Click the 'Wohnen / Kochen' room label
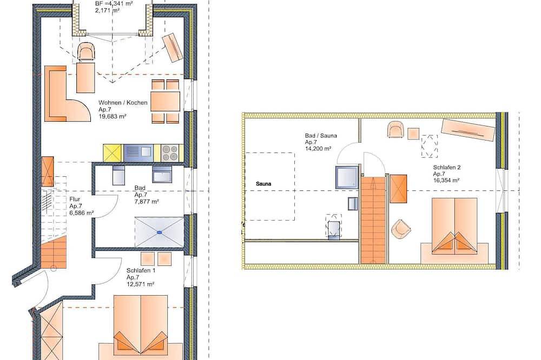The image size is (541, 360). tap(123, 102)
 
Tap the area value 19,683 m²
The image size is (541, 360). tap(113, 117)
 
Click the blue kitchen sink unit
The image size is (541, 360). tap(138, 153)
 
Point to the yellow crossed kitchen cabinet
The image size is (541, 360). tap(113, 153)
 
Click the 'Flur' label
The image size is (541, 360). tap(75, 199)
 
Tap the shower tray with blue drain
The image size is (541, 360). tap(160, 232)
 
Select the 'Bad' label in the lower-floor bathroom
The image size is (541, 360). tap(140, 188)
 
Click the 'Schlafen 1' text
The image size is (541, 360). tap(141, 270)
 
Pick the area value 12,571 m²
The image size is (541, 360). tap(140, 284)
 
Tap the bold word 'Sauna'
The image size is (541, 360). tap(263, 184)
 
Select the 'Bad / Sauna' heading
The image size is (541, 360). tap(320, 136)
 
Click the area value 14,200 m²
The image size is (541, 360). tap(318, 149)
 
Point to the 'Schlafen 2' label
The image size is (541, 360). tap(447, 167)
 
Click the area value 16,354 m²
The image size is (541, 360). tap(446, 181)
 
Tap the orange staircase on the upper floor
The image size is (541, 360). tap(373, 221)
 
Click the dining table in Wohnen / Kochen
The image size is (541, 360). tap(165, 102)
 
